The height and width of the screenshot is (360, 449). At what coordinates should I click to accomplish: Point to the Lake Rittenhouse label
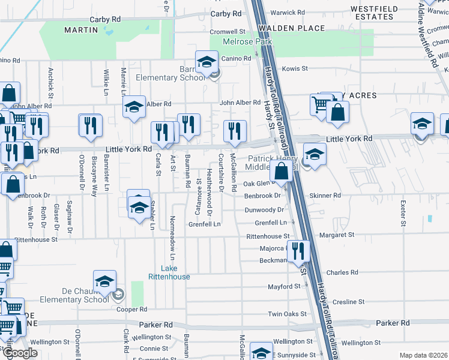[169, 272]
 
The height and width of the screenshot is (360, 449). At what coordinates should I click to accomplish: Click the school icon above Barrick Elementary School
[206, 62]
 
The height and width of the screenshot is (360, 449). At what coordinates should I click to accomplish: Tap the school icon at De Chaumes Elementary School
[104, 282]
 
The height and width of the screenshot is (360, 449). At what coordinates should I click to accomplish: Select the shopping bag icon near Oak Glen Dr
[281, 171]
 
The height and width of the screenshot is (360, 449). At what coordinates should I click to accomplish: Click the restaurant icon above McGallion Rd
[235, 131]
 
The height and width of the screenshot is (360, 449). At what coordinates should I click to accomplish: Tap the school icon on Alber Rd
[134, 107]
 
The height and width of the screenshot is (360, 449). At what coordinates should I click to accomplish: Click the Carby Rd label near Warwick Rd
[226, 13]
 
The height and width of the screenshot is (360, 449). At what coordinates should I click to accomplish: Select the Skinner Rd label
[325, 196]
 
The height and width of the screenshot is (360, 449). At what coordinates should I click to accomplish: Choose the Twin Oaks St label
[283, 314]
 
